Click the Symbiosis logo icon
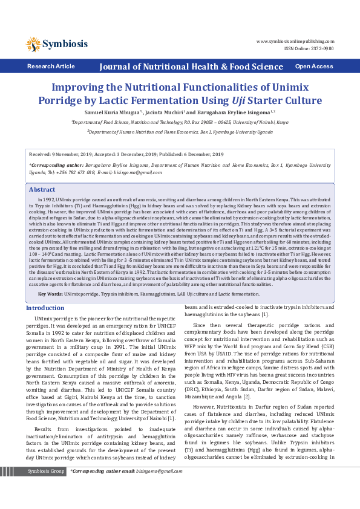pos(33,44)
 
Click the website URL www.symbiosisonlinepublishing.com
pos(295,41)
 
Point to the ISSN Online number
pos(309,48)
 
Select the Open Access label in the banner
pos(313,66)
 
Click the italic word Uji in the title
pos(239,100)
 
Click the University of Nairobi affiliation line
pos(180,122)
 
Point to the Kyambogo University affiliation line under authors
pos(180,131)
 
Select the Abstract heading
pos(42,189)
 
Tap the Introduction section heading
pos(45,308)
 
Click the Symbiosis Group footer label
pos(47,487)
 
